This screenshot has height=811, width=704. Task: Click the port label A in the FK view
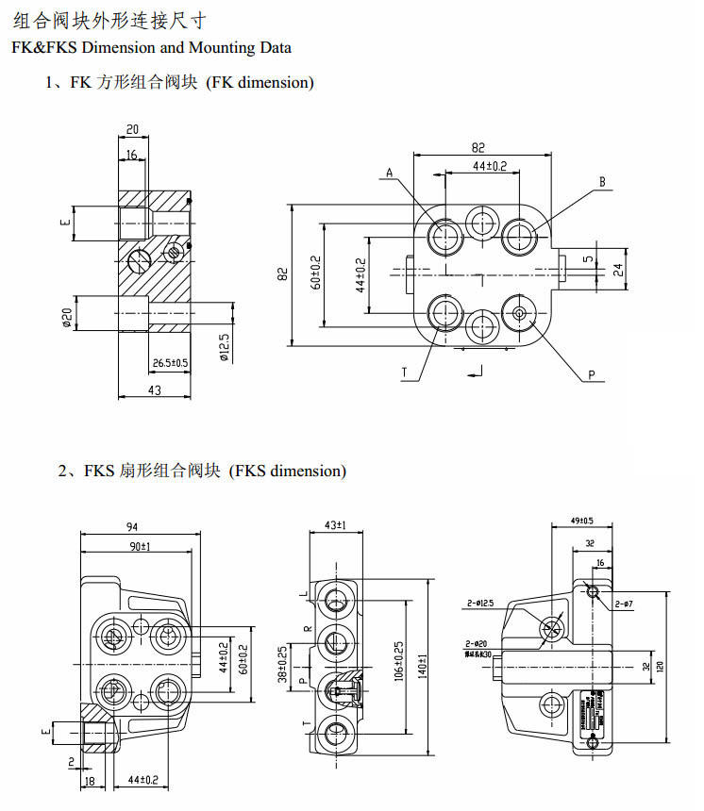388,173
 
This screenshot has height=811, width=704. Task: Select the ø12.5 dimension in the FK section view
224,345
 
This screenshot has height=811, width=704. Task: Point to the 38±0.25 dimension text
281,664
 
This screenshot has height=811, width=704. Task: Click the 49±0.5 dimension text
581,521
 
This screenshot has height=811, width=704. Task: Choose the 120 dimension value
660,666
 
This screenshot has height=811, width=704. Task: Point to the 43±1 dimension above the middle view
335,524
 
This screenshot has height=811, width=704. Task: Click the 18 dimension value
90,782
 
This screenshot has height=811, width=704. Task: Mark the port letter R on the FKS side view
306,627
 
